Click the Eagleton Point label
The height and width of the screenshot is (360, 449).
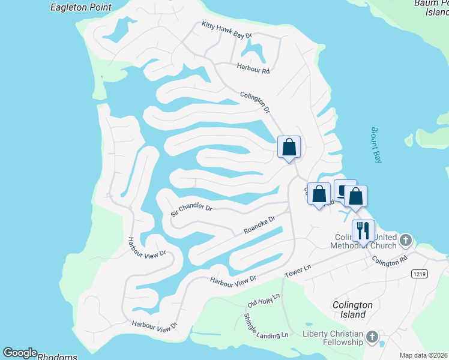81,7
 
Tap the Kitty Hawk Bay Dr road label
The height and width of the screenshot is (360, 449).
226,30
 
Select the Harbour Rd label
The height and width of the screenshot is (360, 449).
253,68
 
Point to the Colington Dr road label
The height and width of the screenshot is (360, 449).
256,103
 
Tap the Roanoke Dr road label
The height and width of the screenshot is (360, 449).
259,226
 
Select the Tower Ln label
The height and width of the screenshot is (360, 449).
300,271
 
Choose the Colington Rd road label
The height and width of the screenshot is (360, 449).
389,261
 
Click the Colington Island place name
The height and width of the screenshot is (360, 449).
352,310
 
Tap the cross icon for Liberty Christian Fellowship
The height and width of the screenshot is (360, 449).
372,337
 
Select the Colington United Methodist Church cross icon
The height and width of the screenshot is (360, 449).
406,241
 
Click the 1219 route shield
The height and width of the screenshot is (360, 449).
420,274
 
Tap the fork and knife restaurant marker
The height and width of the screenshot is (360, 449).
363,230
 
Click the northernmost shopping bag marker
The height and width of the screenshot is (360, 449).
289,146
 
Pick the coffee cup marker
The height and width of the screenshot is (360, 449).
343,190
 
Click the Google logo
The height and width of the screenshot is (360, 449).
19,353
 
